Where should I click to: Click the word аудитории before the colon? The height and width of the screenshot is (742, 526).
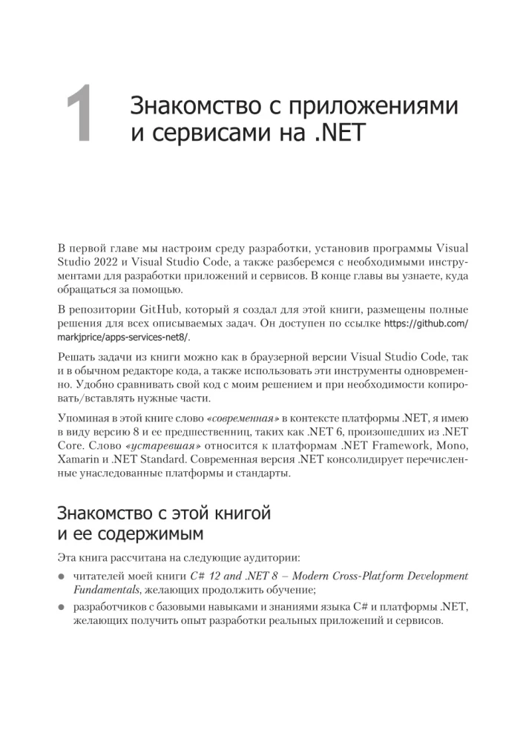[220, 557]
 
